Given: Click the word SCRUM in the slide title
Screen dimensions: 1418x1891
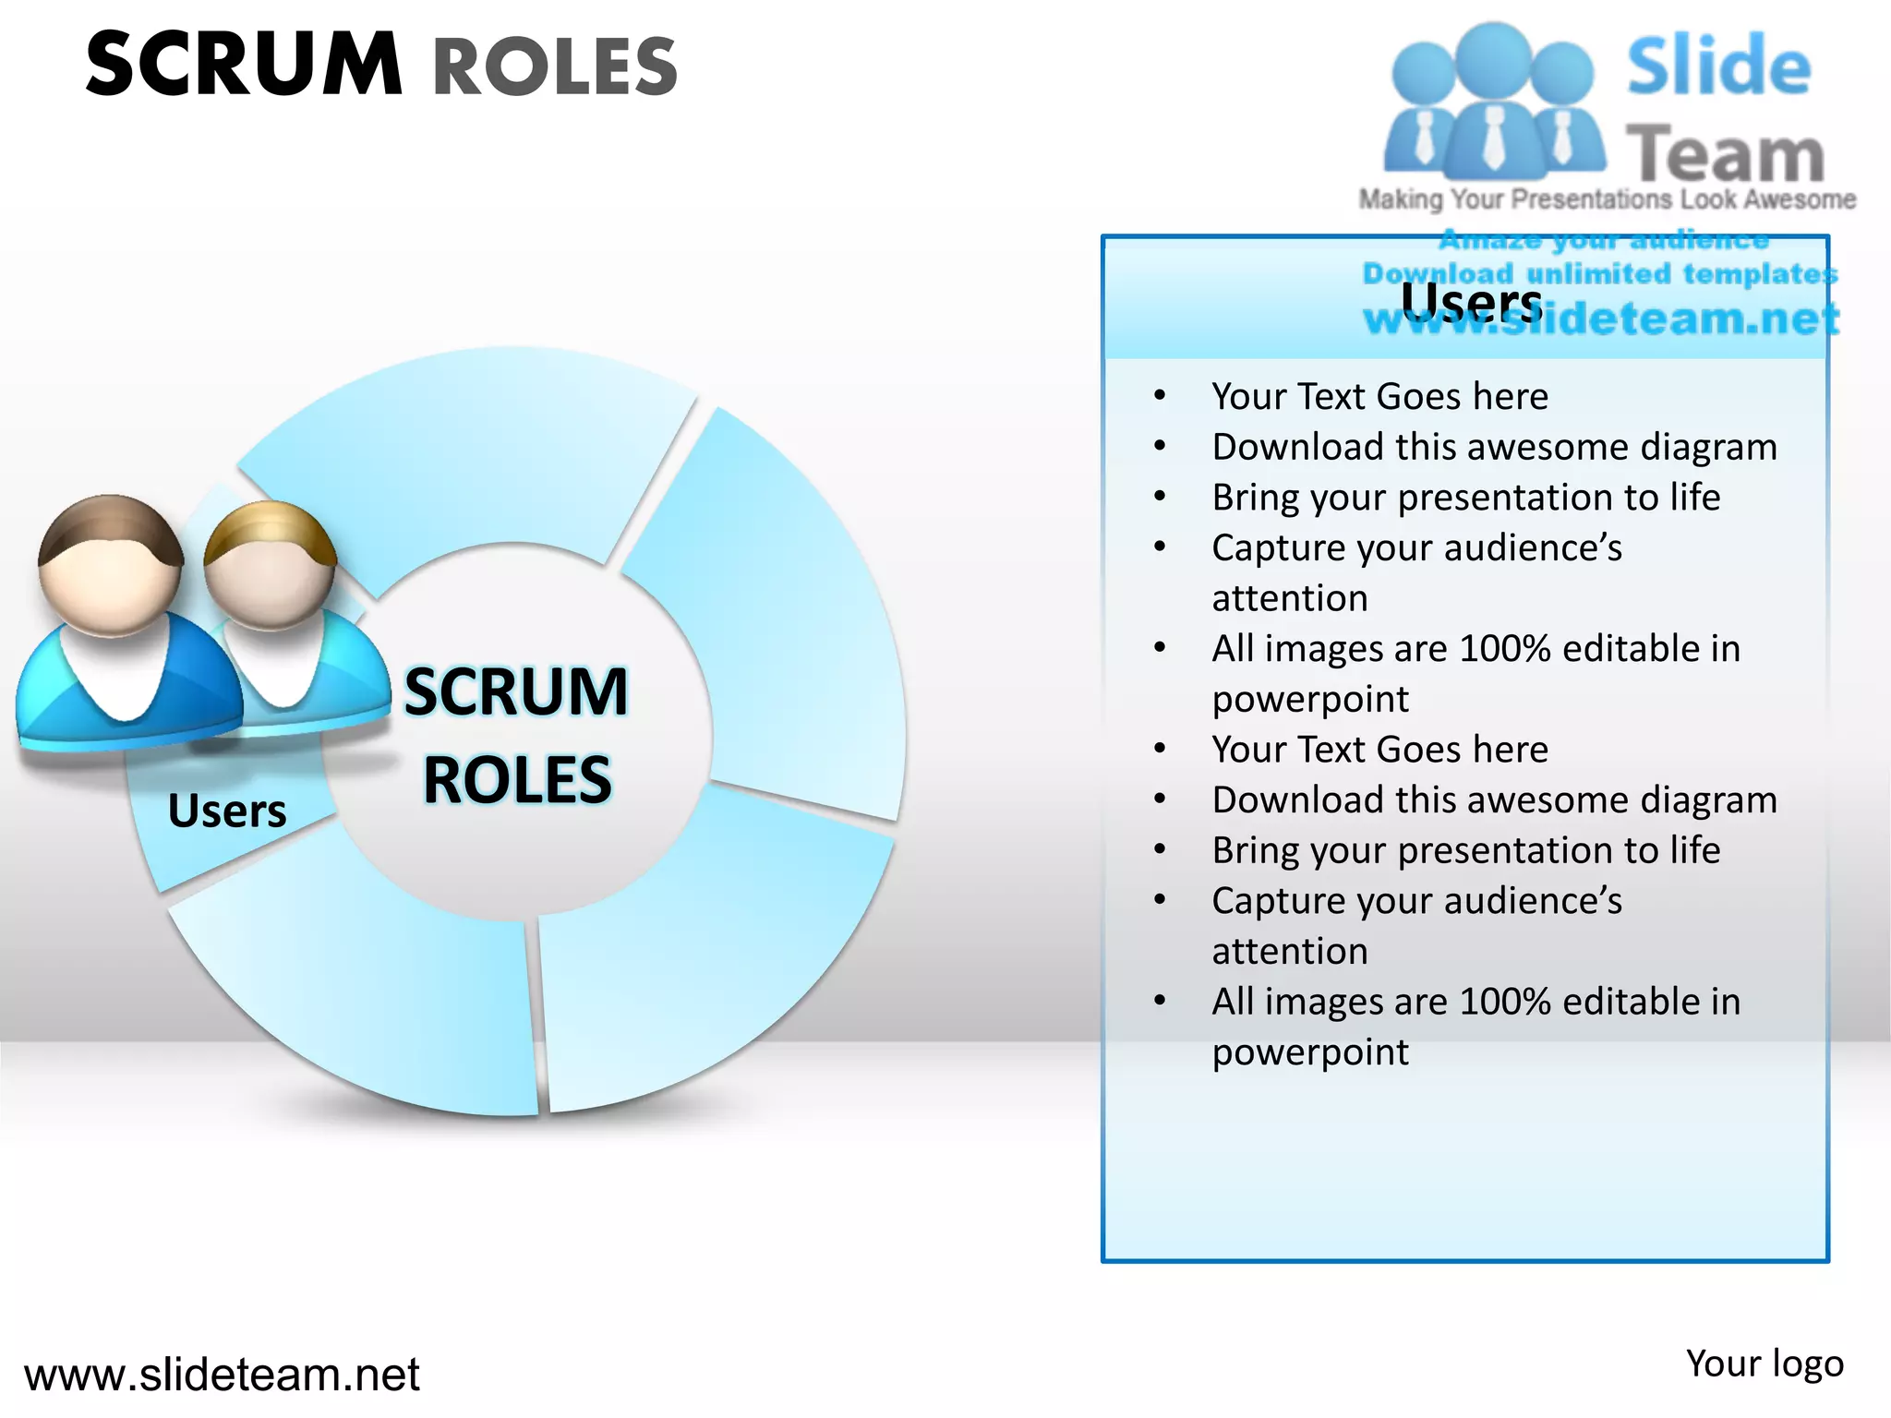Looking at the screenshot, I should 244,65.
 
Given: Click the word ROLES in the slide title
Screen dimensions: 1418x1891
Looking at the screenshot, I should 555,66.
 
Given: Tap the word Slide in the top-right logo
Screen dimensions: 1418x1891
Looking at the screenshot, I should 1718,66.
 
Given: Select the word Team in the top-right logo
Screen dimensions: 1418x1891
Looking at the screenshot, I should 1725,153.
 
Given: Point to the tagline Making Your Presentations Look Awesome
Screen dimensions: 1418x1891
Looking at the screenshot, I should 1607,199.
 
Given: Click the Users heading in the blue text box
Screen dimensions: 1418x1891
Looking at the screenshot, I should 1471,301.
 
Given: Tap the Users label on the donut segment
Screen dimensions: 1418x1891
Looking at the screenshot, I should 227,811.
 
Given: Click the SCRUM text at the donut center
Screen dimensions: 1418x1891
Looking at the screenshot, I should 516,691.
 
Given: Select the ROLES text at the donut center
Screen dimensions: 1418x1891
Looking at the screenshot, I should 517,780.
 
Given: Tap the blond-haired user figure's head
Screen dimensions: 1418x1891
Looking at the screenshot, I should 270,565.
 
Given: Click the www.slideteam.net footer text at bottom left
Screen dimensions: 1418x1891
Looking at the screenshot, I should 222,1375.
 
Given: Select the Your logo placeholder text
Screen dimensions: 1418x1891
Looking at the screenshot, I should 1765,1364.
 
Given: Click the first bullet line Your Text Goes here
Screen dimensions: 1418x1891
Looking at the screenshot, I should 1379,396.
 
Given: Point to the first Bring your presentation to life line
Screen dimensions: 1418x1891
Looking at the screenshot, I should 1466,497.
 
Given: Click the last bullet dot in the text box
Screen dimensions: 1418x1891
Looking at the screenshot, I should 1160,1001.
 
